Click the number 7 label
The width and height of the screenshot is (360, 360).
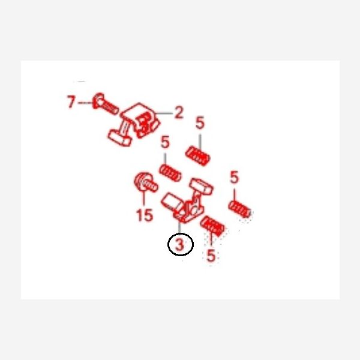[x=71, y=102]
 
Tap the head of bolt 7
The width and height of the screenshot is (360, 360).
[x=98, y=101]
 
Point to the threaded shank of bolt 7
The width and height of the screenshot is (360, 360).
[x=110, y=108]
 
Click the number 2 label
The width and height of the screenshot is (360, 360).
[x=179, y=112]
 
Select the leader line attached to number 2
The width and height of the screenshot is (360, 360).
[x=164, y=113]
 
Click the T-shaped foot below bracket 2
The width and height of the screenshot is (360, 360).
[x=119, y=138]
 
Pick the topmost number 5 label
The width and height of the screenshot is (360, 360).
[x=200, y=122]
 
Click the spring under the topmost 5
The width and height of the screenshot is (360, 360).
[x=197, y=156]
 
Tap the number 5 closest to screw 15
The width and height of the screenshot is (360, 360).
[x=165, y=142]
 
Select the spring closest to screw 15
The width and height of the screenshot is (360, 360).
[x=170, y=173]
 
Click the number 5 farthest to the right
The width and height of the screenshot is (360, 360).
[x=234, y=177]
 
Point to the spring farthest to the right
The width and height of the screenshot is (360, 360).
[x=239, y=209]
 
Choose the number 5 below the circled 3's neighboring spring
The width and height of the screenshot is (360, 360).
[x=211, y=255]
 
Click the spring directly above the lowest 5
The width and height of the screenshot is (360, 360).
[x=212, y=226]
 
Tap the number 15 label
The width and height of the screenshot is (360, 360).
[x=145, y=215]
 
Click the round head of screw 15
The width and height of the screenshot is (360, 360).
[x=140, y=181]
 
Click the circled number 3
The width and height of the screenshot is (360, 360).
[x=181, y=244]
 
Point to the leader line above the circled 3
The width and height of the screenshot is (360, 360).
[x=179, y=227]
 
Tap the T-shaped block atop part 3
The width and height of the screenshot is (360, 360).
[x=202, y=185]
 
